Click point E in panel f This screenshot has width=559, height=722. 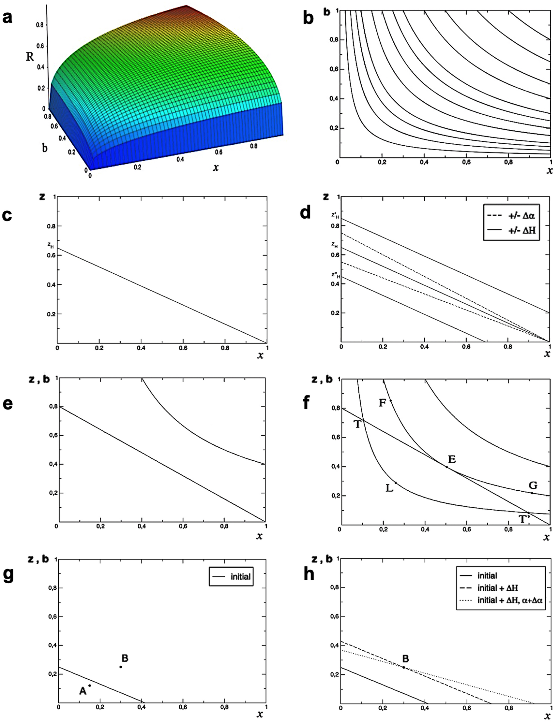447,467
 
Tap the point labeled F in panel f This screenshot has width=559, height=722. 391,401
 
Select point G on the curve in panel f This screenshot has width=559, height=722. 532,493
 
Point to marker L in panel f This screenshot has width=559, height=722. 396,483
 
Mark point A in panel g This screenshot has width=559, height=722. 89,686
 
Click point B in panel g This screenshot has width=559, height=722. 121,667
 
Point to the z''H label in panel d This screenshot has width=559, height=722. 335,275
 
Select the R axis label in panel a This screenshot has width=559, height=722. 30,57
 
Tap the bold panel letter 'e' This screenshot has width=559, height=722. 8,404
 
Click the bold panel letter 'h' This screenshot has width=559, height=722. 309,574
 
